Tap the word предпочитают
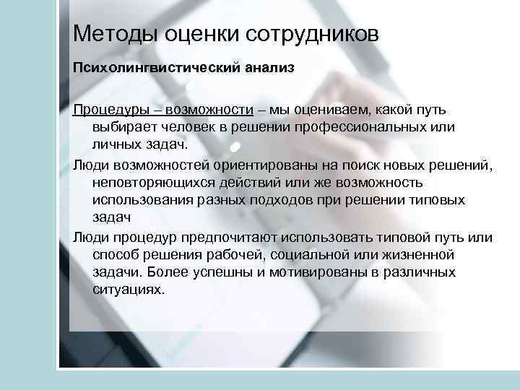point(251,238)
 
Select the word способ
point(118,254)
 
